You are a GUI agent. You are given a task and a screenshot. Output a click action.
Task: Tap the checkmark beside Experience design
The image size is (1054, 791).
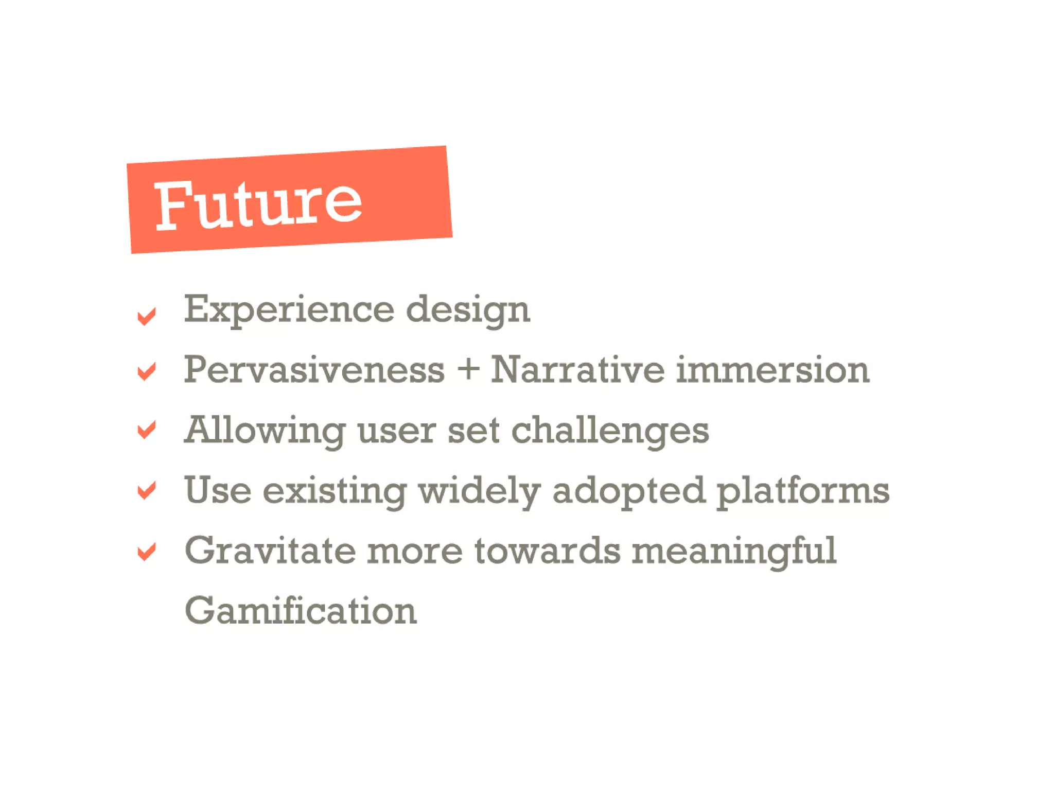pos(147,316)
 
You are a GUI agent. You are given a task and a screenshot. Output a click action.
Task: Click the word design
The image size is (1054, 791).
pos(468,310)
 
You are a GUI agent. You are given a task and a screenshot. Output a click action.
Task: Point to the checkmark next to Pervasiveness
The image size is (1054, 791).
pos(147,371)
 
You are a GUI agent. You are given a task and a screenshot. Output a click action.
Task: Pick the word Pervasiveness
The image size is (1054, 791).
pos(314,370)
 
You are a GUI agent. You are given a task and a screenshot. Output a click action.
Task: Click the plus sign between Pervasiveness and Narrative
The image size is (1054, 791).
pos(468,369)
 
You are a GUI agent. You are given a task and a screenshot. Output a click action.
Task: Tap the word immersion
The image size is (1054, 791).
pos(772,370)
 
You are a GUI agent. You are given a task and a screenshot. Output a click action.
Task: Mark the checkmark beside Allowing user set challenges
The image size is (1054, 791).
pos(147,430)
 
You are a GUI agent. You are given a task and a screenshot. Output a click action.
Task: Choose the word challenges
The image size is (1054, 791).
pos(610,431)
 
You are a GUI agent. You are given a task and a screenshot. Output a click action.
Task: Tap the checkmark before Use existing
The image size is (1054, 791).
pos(147,490)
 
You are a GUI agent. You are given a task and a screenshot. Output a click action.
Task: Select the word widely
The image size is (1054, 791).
pos(479,491)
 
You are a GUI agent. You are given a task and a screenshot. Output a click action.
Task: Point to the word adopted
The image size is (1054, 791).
pos(628,491)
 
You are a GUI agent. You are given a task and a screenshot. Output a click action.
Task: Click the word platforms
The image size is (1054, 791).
pos(803,491)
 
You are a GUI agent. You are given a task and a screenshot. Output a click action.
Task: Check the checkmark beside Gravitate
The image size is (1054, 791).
pos(147,552)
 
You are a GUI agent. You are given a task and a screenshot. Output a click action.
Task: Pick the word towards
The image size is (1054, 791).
pos(547,551)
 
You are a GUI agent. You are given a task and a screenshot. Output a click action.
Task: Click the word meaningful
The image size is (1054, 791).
pos(733,551)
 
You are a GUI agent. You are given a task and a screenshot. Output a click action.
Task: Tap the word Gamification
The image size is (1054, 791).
pos(301,611)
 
